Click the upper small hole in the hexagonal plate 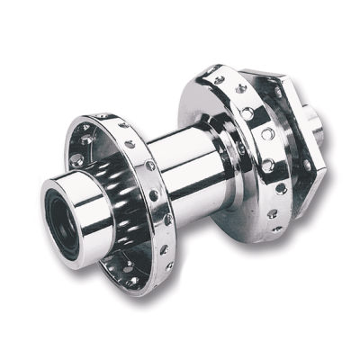coord(290,95)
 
